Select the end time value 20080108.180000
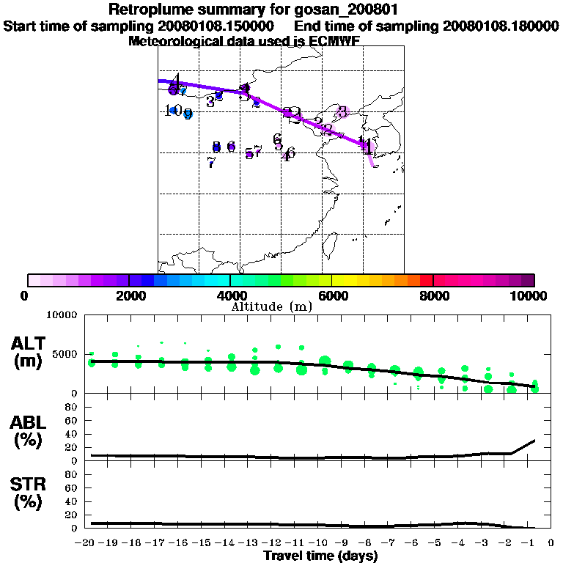pyautogui.click(x=501, y=26)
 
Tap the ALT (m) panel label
pyautogui.click(x=29, y=352)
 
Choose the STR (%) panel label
pyautogui.click(x=29, y=493)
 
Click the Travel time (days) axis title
pyautogui.click(x=321, y=556)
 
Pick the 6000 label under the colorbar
pyautogui.click(x=332, y=295)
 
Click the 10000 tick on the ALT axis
pyautogui.click(x=62, y=315)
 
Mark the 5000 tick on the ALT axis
pyautogui.click(x=65, y=355)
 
